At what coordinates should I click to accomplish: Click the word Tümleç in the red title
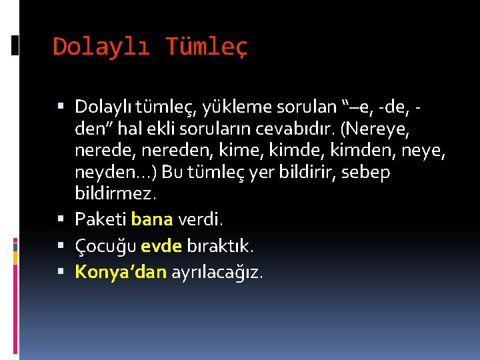click(207, 47)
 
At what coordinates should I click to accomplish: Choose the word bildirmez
click(115, 194)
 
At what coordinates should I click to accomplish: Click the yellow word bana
click(152, 219)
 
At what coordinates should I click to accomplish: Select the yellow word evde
click(161, 245)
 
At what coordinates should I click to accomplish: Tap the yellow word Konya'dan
click(121, 272)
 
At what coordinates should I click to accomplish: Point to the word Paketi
click(101, 219)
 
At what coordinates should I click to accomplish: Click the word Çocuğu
click(106, 245)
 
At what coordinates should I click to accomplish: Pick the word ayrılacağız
click(217, 272)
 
